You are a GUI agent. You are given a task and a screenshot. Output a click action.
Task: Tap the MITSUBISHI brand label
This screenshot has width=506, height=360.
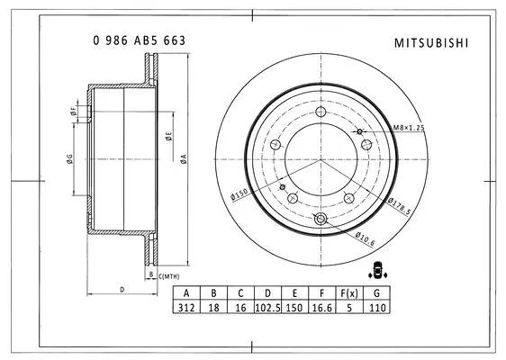tap(431, 41)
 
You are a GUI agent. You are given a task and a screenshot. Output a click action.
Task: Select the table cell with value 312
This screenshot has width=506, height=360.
tap(186, 307)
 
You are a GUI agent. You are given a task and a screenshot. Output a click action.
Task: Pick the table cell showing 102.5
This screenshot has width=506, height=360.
tap(267, 307)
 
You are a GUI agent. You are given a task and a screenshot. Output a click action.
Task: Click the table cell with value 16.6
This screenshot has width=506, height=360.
tap(321, 307)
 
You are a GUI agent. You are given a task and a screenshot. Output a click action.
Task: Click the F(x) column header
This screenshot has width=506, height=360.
tap(348, 293)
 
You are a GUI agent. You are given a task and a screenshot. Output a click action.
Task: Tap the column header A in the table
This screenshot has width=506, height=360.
tap(186, 293)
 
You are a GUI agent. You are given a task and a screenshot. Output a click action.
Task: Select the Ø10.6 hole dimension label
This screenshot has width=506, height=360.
tap(364, 238)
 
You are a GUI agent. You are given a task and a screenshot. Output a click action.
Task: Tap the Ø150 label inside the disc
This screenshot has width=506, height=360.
tap(239, 194)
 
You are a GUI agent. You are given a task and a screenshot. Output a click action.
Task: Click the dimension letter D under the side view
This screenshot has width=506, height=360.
tap(122, 289)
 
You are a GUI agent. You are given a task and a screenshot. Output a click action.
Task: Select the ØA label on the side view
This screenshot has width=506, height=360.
tap(183, 159)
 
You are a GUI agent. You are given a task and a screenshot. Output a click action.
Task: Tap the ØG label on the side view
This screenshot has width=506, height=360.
tap(69, 159)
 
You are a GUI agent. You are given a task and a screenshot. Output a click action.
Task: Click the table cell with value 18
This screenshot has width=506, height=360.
tap(213, 307)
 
